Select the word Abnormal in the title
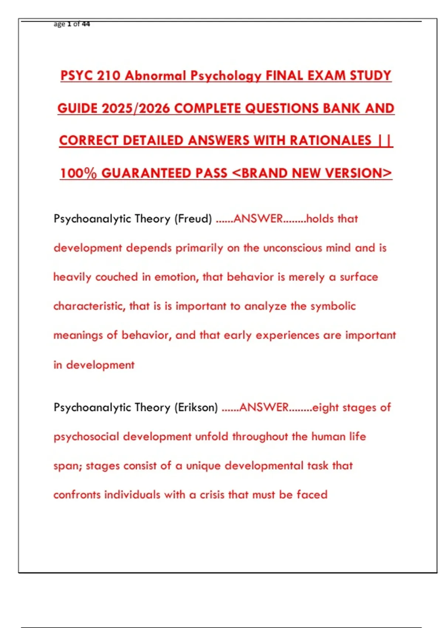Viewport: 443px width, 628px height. click(x=155, y=76)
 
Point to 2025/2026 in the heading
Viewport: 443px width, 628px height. click(x=135, y=108)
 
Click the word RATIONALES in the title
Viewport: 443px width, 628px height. click(x=330, y=141)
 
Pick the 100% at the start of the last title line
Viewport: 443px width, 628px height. click(x=78, y=173)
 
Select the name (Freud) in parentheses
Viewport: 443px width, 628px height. click(x=193, y=219)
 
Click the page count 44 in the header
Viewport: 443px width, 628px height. click(x=86, y=24)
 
